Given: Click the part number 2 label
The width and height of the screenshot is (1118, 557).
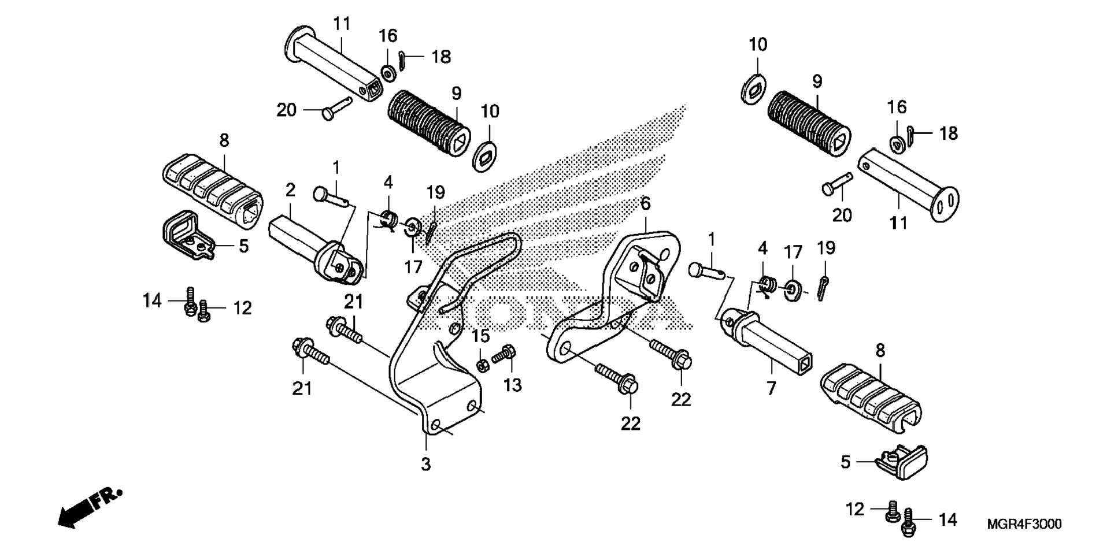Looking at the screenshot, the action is point(290,190).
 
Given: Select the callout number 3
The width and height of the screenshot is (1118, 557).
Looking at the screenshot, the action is point(426,464).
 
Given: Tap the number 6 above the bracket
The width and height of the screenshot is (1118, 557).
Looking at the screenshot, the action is point(646,203).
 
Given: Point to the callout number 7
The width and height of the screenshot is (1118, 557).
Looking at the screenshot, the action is point(772,388).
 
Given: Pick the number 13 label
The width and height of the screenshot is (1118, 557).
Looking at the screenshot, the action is point(512,385).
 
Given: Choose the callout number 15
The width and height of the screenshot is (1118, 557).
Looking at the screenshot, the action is point(480,336).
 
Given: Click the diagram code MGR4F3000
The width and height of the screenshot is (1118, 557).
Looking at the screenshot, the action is point(1024,524).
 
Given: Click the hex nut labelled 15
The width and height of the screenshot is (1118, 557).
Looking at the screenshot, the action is point(480,365).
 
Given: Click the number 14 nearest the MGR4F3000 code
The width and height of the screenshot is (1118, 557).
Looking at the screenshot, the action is point(947,520).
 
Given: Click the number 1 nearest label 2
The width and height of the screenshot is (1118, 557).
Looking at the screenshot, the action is point(336,168).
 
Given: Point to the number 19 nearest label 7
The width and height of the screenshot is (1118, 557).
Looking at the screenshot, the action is point(826,248).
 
